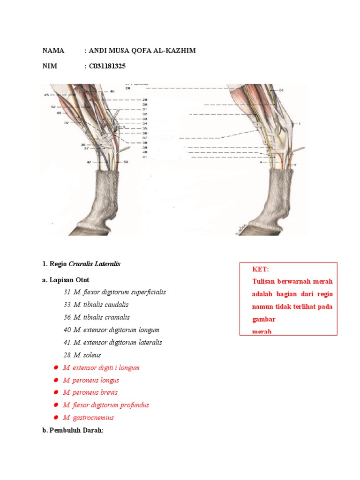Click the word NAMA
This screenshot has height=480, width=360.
53,51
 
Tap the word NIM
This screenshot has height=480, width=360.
50,66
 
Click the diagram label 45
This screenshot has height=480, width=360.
46,95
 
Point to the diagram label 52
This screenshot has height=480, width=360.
53,107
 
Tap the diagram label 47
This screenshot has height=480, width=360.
89,162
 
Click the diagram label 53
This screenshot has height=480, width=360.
126,162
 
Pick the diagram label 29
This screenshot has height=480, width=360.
145,100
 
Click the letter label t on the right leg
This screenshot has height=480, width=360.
299,124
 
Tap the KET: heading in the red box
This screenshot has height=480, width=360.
261,269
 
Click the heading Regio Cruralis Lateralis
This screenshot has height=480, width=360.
81,264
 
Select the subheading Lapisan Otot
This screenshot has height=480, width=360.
66,280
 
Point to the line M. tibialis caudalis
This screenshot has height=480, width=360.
96,305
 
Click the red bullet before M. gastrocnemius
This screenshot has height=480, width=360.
55,418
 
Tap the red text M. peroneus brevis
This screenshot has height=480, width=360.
90,392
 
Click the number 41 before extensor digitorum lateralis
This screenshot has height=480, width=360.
67,342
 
